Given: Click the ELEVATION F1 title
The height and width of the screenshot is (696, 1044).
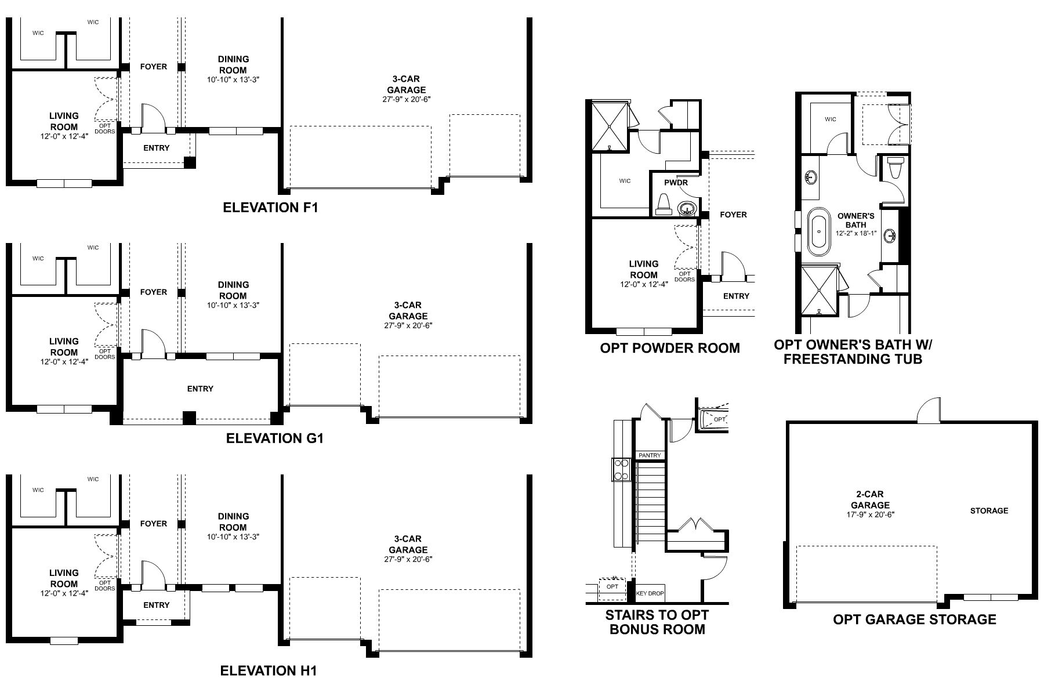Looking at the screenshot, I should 270,208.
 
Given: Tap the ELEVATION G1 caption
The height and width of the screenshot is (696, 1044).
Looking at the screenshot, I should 274,438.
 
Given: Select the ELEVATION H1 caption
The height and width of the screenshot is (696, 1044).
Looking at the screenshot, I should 269,671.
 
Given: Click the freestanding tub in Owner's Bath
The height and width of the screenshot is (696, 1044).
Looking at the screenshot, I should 818,230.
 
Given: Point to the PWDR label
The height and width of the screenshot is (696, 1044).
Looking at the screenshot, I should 676,183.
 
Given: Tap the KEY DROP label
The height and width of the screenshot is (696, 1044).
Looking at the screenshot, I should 650,593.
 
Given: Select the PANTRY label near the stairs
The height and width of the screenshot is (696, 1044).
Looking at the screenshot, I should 650,455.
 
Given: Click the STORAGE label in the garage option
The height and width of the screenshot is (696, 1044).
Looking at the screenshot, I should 989,510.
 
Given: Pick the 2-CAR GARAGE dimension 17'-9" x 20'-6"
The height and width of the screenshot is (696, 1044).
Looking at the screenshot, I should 869,514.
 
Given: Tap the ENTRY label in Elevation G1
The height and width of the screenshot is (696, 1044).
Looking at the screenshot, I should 200,389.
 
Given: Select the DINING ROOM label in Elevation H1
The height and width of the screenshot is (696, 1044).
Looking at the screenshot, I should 233,521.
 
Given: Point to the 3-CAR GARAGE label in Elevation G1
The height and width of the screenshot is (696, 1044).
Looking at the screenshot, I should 408,310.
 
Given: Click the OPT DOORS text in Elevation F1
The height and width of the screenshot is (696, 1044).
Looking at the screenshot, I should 105,128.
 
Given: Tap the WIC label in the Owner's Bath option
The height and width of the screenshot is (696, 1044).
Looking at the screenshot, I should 830,119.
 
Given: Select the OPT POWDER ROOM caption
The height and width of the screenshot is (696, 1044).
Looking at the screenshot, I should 669,348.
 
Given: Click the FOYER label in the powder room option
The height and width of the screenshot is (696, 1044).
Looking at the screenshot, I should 733,215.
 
